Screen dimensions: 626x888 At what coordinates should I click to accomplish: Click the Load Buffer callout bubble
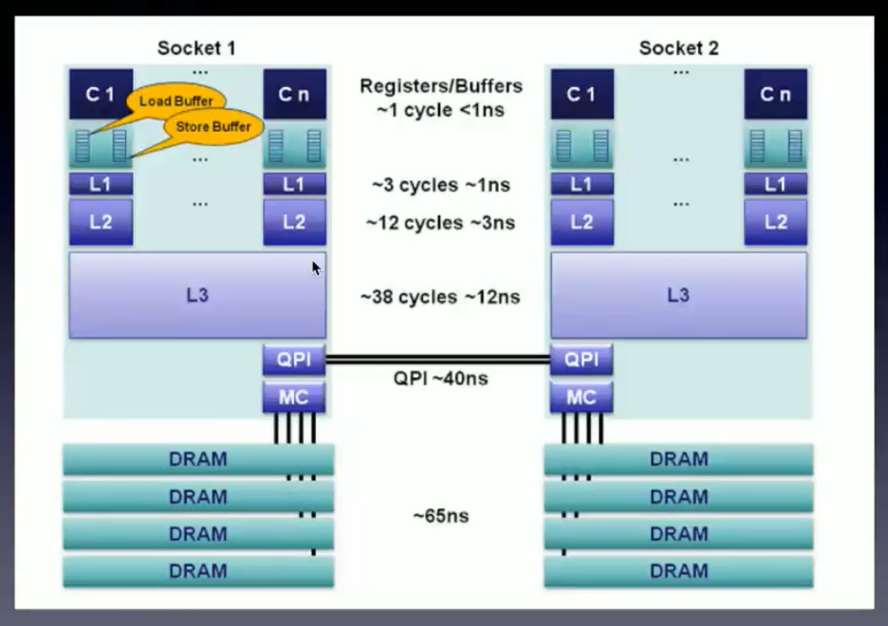point(176,101)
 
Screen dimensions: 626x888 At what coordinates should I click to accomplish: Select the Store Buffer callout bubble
point(213,126)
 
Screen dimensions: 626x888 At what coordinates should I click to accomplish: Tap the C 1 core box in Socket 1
point(101,94)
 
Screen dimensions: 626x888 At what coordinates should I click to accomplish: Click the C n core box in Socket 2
point(775,94)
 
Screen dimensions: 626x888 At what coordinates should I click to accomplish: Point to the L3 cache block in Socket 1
point(197,295)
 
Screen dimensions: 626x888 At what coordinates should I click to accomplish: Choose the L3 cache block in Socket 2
point(678,295)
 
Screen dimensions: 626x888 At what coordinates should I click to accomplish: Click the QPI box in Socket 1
point(294,360)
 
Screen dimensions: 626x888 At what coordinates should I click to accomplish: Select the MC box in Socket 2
point(581,397)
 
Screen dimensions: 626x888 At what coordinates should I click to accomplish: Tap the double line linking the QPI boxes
point(437,359)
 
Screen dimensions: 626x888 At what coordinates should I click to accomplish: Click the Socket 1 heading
point(196,47)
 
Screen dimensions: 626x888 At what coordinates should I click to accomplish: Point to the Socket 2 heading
point(678,47)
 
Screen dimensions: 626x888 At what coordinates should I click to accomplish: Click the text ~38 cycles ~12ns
point(440,297)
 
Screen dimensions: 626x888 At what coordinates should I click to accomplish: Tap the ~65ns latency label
point(441,516)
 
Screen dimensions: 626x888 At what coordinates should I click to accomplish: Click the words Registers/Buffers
point(441,86)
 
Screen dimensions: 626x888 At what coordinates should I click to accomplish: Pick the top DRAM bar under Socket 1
point(198,460)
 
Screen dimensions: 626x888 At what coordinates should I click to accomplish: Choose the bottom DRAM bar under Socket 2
point(678,571)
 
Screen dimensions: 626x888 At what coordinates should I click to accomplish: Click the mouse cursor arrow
point(316,268)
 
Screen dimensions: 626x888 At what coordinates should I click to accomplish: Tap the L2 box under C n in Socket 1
point(294,222)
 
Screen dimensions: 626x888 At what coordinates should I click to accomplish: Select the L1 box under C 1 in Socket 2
point(581,185)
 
